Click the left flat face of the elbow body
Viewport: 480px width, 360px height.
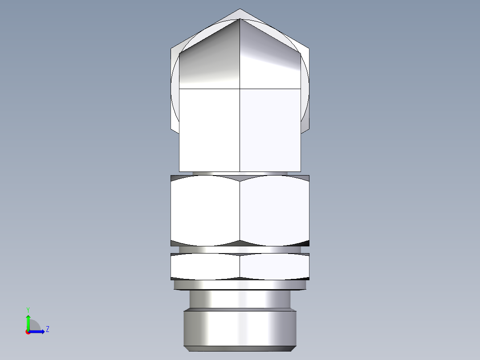click(209, 129)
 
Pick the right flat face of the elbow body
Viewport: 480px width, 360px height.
click(270, 129)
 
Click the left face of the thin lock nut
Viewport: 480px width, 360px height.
click(205, 266)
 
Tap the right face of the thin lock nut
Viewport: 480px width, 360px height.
click(274, 266)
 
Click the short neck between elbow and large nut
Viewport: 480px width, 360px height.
click(240, 173)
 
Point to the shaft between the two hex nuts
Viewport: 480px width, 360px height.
click(240, 250)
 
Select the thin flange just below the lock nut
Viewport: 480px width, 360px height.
click(240, 285)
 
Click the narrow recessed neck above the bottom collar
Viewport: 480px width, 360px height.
click(240, 299)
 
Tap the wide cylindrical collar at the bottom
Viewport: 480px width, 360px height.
click(240, 327)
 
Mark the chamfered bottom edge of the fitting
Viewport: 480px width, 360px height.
click(240, 348)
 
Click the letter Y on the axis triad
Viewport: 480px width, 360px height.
click(28, 309)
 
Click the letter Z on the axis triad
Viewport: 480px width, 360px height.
click(47, 329)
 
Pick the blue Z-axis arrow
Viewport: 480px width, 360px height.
click(37, 331)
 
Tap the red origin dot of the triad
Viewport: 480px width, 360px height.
click(28, 332)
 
